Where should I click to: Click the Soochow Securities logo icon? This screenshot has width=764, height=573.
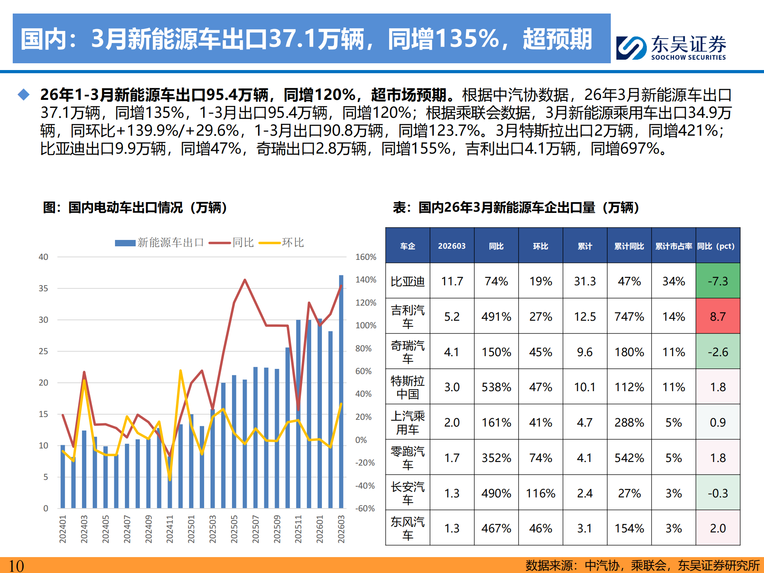point(631,48)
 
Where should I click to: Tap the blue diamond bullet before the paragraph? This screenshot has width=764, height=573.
point(24,95)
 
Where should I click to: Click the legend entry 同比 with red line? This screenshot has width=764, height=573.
point(232,243)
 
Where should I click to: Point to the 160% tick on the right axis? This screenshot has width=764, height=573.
point(365,257)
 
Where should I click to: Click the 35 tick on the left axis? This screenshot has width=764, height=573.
point(43,288)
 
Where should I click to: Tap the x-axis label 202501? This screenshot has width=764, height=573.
point(191,529)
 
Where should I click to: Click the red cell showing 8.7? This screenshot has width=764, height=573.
point(717,316)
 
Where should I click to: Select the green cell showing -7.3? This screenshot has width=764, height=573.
point(717,281)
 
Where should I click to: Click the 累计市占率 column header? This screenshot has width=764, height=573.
point(673,246)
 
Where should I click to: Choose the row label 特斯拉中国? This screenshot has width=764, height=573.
point(407,387)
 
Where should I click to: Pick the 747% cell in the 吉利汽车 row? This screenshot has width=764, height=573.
point(629,316)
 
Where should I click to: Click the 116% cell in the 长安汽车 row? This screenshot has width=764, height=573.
point(540,493)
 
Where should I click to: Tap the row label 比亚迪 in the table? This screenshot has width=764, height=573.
point(407,281)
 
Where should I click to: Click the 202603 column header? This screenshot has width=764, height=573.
point(452,246)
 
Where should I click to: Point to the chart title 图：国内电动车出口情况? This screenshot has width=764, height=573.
point(135,207)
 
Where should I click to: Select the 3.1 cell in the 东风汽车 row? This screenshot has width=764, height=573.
point(585,528)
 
